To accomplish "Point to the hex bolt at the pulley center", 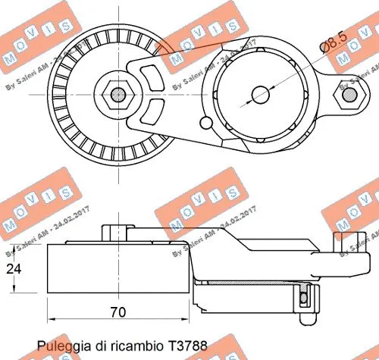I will (117, 95).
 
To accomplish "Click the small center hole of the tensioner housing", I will (260, 95).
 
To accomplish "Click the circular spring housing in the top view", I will (260, 95).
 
